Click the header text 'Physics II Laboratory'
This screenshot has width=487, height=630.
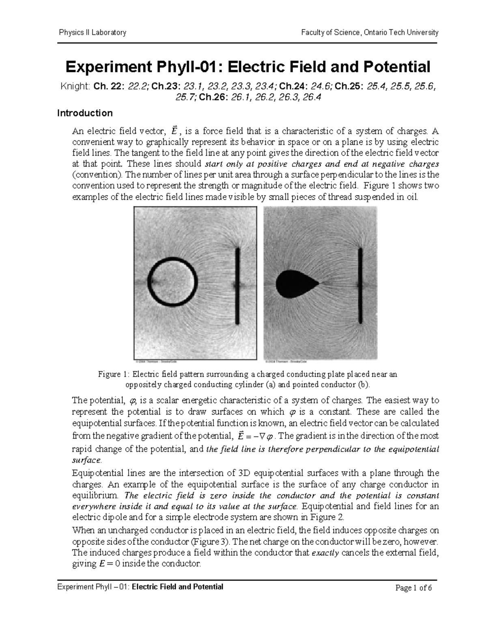pos(93,32)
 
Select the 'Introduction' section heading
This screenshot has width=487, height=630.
pos(85,113)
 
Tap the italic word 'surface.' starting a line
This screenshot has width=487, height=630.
pos(86,460)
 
